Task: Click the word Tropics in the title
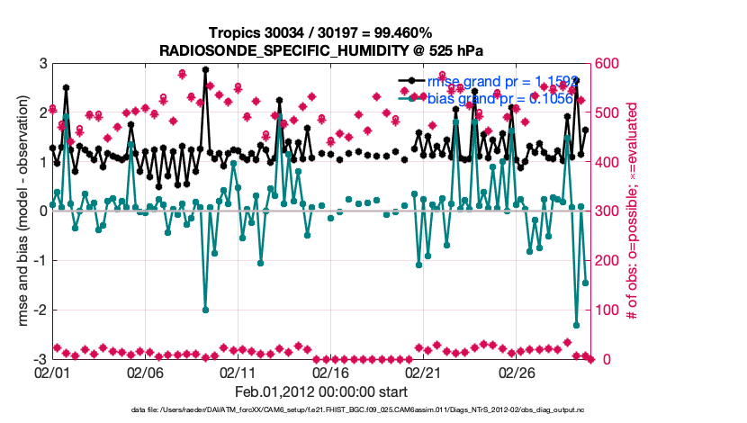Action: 231,31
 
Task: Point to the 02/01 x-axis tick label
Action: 52,372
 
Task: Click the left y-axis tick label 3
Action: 42,64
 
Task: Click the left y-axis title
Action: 22,211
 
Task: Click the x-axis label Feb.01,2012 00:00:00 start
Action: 321,391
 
